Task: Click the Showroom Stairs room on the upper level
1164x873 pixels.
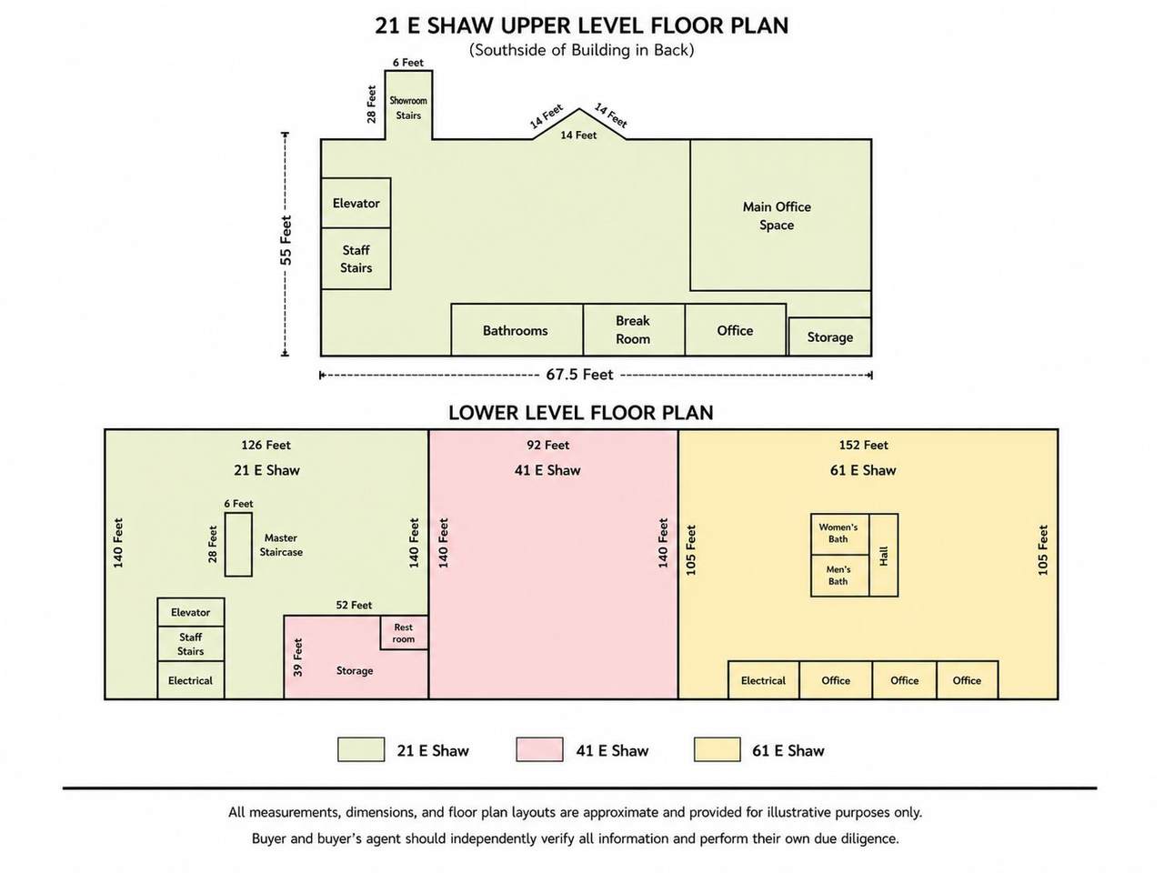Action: point(407,105)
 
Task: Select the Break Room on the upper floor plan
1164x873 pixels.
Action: point(634,329)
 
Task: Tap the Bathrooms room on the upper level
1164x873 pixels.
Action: point(517,329)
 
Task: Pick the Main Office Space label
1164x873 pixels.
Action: point(777,216)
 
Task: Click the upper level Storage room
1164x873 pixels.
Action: point(829,336)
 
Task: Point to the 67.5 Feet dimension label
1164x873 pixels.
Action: point(579,375)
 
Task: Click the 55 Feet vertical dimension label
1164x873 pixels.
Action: point(286,240)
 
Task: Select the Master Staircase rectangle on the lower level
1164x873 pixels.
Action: point(238,544)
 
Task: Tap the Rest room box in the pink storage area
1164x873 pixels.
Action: point(404,632)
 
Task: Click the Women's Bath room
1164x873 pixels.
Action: point(839,534)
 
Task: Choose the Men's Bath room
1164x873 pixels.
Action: point(839,576)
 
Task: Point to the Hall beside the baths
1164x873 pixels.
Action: point(884,555)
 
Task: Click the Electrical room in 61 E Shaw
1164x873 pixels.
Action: point(764,680)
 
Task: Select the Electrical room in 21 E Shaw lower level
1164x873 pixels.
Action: point(190,680)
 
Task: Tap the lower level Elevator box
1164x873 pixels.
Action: point(190,612)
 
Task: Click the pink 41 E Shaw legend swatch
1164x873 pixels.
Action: point(539,749)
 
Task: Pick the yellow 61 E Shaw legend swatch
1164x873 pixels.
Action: point(717,749)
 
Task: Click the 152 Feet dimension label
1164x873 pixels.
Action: point(863,445)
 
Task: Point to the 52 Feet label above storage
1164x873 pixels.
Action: point(354,605)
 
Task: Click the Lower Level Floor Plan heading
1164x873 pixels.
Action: point(581,412)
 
